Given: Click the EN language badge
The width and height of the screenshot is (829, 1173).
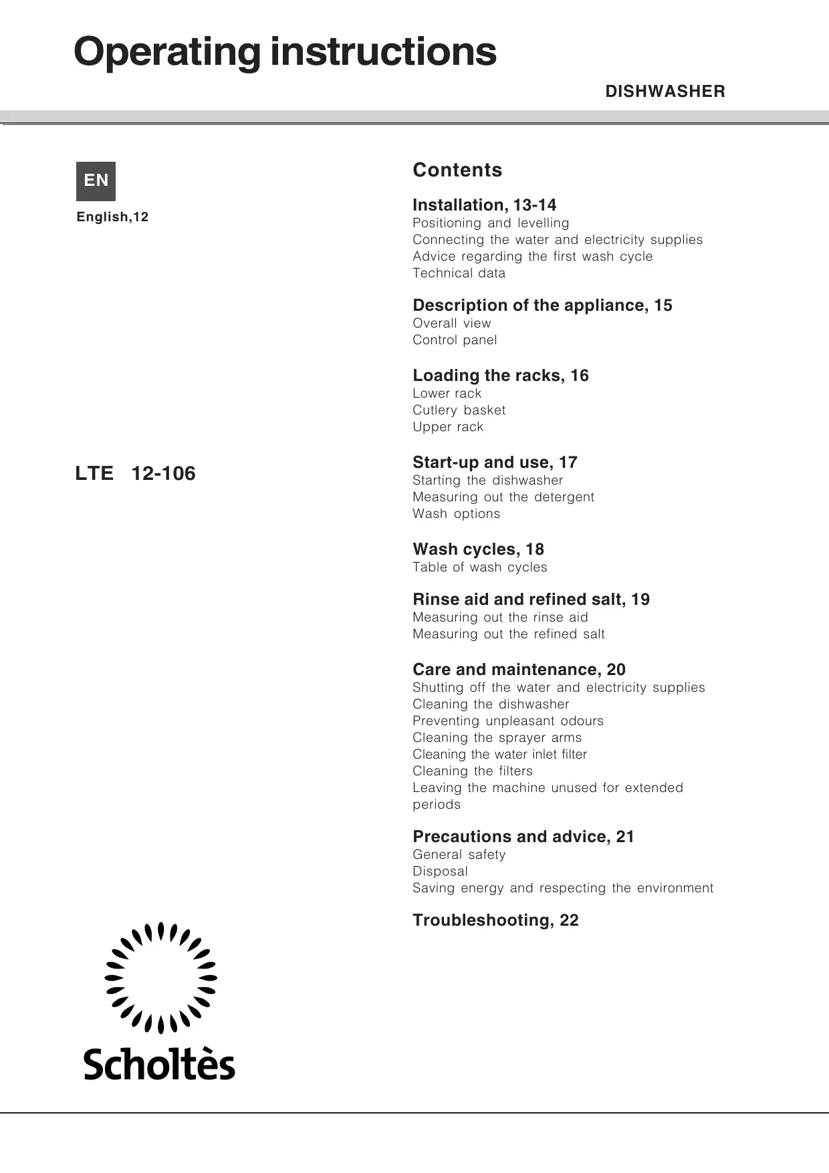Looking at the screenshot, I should [96, 181].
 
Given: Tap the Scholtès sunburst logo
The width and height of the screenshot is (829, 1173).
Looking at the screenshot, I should [160, 978].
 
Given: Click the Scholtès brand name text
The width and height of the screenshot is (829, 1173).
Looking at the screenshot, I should [159, 1064].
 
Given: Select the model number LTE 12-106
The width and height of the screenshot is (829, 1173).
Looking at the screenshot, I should [135, 474].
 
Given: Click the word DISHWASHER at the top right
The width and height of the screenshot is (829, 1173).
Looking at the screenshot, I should [665, 92].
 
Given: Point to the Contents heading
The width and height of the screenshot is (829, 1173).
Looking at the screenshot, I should [457, 170].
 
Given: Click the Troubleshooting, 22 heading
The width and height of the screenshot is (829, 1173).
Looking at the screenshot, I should [495, 920].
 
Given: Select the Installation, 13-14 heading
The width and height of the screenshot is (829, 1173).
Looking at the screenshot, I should [484, 205].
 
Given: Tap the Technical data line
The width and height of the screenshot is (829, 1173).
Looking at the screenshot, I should [459, 273].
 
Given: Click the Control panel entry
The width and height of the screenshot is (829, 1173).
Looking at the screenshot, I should [455, 340].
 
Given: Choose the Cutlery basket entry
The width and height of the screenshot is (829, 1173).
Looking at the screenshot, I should [459, 410].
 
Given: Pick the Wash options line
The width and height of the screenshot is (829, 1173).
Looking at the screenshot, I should [456, 514].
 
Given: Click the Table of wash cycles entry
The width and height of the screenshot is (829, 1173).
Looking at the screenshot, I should [479, 567].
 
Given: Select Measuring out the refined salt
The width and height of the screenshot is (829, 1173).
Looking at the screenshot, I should [508, 634].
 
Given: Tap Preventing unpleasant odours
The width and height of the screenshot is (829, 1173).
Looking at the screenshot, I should [507, 721].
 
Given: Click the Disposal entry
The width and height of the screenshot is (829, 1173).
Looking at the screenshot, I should [440, 872].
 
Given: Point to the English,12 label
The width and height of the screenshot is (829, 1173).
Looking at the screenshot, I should [112, 217].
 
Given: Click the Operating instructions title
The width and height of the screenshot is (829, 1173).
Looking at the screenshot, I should [285, 52].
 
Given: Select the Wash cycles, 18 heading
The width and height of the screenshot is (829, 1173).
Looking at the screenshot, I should [478, 549].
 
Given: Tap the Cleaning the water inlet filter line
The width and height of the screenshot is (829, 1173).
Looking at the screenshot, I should [499, 755].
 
